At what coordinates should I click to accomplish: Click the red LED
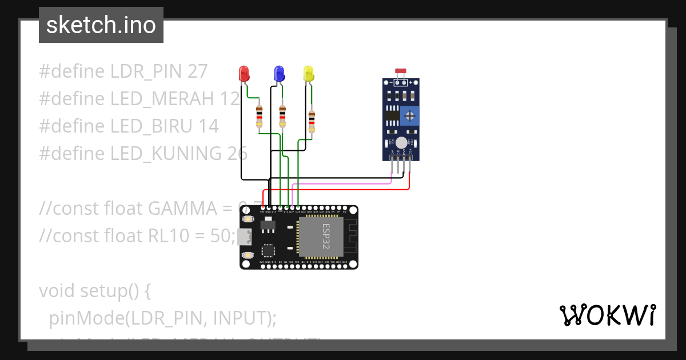[244, 73]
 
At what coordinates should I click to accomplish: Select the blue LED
[279, 73]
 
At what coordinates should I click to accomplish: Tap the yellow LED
[309, 73]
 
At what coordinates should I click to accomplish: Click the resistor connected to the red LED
[260, 116]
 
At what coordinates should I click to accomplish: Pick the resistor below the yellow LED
[312, 121]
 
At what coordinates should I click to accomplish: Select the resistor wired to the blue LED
[282, 116]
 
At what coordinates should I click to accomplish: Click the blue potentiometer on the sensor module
[409, 117]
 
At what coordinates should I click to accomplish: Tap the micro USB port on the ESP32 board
[245, 237]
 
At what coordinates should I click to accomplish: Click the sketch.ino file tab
[101, 25]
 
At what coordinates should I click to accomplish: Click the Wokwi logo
[607, 315]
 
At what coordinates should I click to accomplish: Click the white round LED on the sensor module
[401, 143]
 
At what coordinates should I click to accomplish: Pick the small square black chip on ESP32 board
[268, 250]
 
